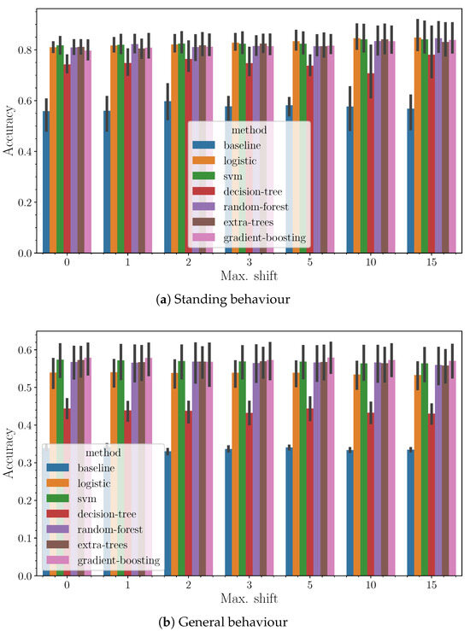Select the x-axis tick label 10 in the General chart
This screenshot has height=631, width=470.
pos(370,587)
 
